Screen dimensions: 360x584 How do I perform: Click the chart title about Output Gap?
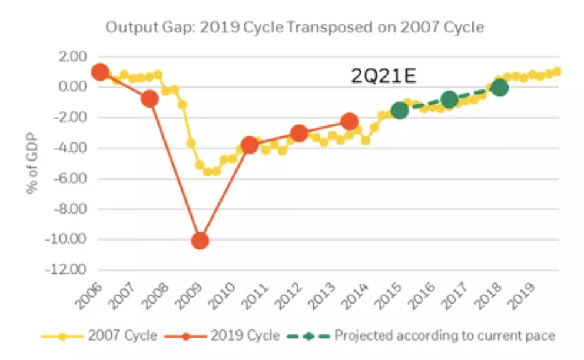point(294,28)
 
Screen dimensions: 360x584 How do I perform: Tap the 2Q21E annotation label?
point(384,76)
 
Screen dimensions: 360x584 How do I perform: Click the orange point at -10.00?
point(200,241)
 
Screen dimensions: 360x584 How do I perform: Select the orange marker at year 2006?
point(100,72)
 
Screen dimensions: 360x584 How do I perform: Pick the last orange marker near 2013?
point(349,122)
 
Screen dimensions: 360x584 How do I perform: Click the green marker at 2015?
point(400,110)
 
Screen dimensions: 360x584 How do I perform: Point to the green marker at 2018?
point(500,88)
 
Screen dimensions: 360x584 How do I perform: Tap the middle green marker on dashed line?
point(449,99)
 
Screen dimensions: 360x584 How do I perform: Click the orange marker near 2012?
point(299,133)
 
